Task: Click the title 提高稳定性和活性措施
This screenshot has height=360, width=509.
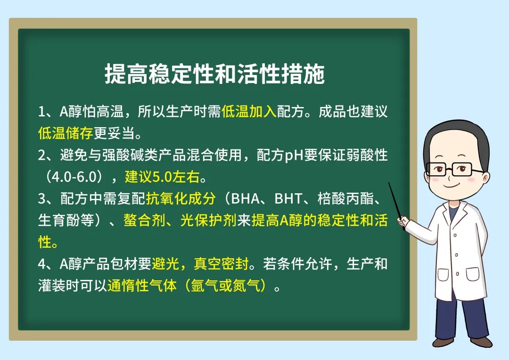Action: point(214,74)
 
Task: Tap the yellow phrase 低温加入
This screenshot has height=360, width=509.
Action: point(249,111)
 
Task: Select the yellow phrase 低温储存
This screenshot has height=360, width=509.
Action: point(66,133)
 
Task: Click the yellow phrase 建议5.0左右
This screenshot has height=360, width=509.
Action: point(162,177)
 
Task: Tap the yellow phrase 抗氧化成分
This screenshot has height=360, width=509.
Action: point(181,199)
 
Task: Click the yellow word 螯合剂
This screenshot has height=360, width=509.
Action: point(145,220)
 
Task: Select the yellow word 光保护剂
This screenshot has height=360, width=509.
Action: point(208,220)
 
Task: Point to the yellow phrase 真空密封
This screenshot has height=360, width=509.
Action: point(221,264)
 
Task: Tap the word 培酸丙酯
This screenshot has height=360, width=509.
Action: point(345,199)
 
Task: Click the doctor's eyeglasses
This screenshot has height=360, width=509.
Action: point(453,169)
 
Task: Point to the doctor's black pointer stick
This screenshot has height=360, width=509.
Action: point(396,206)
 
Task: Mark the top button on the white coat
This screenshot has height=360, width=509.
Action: point(455,235)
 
